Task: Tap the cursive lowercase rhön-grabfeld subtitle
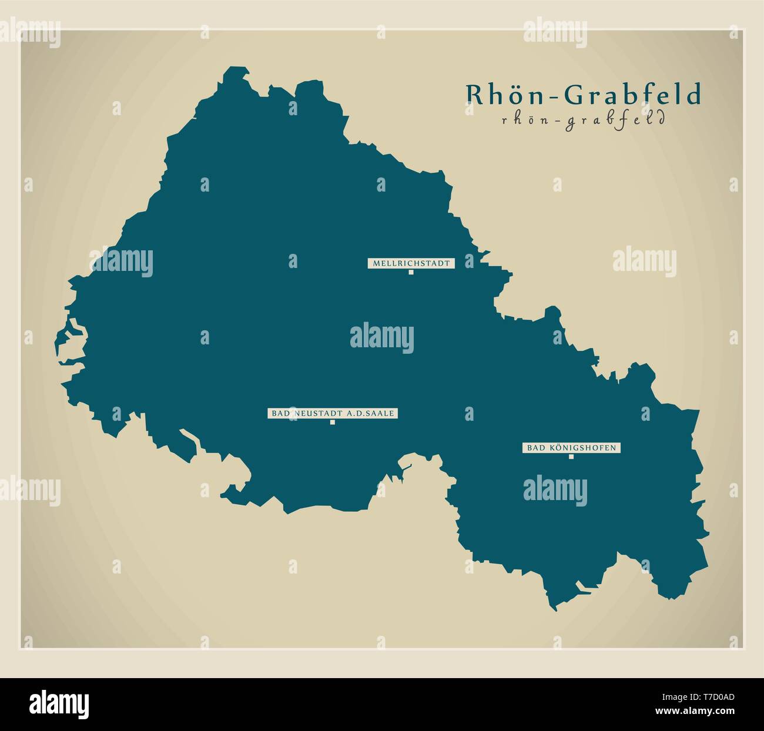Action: (583, 120)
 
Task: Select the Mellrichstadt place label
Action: (411, 263)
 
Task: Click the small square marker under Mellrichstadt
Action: (411, 272)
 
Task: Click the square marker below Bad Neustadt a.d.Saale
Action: (332, 422)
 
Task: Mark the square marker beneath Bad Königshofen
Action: (571, 457)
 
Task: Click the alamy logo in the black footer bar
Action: (59, 703)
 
